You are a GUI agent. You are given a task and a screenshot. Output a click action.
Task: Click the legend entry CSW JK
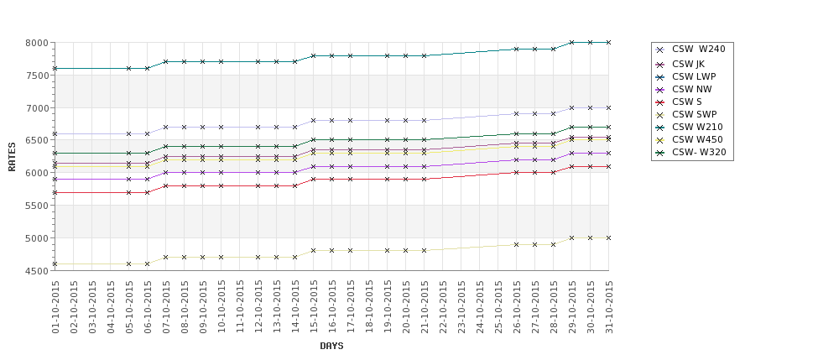[687, 64]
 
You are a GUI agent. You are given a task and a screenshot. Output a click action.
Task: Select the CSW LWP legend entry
[693, 76]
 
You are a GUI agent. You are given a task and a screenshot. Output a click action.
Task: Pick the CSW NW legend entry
[691, 89]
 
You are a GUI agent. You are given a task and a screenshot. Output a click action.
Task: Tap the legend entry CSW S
[687, 102]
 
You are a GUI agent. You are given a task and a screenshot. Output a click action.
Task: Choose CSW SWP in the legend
[693, 114]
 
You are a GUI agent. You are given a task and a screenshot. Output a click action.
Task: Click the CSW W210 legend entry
[696, 127]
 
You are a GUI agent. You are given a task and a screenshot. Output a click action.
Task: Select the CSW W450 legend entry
[696, 139]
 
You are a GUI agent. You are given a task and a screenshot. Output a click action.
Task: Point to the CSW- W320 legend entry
[698, 152]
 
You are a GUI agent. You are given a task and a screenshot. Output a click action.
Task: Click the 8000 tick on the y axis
[37, 43]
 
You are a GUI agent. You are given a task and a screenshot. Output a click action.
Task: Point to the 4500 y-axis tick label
[37, 271]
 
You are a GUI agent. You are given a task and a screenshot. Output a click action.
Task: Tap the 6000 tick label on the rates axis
[37, 173]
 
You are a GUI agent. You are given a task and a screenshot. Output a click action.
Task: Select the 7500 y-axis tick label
[37, 76]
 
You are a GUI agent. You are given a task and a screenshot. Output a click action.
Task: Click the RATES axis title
[12, 156]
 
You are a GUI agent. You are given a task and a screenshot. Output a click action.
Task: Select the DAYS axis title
[331, 346]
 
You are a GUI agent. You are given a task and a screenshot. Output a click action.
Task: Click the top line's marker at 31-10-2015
[608, 42]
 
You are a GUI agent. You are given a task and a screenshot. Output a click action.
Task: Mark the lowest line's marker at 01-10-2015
[55, 263]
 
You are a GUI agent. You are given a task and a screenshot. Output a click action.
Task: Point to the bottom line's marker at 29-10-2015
[571, 237]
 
